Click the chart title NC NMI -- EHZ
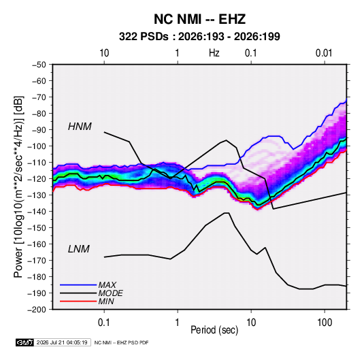pyautogui.click(x=199, y=19)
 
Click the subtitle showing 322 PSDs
pyautogui.click(x=199, y=37)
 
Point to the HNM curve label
pyautogui.click(x=80, y=127)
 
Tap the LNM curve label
pyautogui.click(x=79, y=249)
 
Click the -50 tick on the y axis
pyautogui.click(x=39, y=65)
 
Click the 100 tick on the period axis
pyautogui.click(x=325, y=323)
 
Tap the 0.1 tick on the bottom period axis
pyautogui.click(x=104, y=323)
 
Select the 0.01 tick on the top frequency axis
pyautogui.click(x=324, y=53)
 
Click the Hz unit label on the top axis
pyautogui.click(x=214, y=53)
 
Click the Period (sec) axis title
pyautogui.click(x=214, y=330)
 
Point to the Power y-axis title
pyautogui.click(x=18, y=187)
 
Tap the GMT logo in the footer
pyautogui.click(x=24, y=342)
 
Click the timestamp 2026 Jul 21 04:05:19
pyautogui.click(x=62, y=342)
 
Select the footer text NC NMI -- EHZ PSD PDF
pyautogui.click(x=121, y=342)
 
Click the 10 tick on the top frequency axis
pyautogui.click(x=104, y=53)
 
